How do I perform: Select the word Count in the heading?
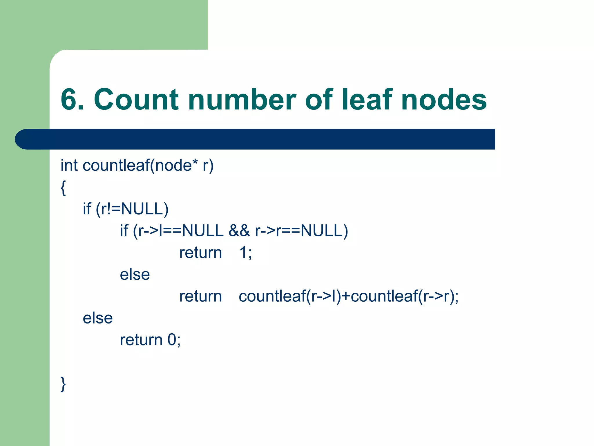pos(136,100)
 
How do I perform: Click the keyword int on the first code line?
pos(69,166)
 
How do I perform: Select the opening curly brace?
pos(63,188)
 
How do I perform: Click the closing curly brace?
pos(63,384)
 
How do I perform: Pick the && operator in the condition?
pos(239,231)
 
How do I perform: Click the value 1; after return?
pos(245,253)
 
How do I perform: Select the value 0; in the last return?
pos(174,340)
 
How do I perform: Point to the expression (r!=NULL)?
pos(132,209)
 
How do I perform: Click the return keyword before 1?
pos(200,253)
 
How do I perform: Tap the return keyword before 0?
pos(141,340)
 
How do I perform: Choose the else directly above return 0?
pos(98,318)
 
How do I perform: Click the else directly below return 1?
pos(135,274)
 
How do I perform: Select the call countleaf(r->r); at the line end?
pos(405,296)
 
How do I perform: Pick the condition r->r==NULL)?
pos(302,231)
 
